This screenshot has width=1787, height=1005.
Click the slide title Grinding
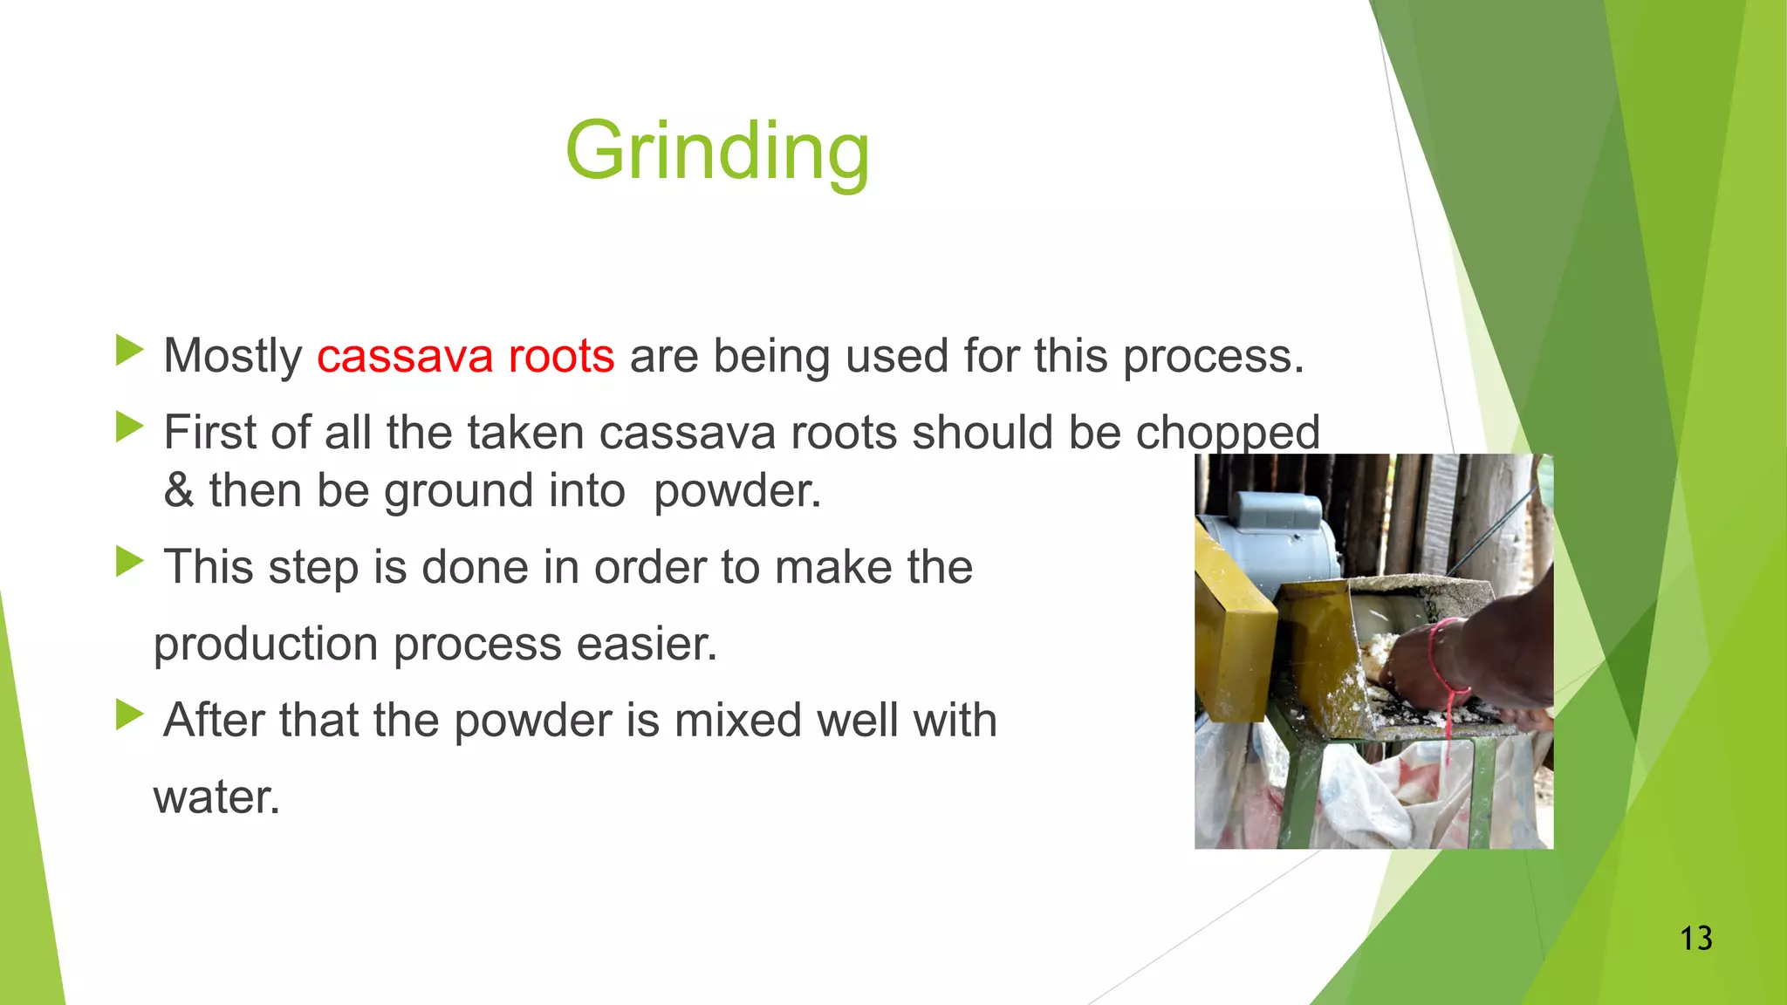(x=717, y=151)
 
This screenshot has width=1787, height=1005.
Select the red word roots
(x=561, y=356)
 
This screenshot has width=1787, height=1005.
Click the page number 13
(x=1695, y=939)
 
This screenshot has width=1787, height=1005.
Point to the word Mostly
(x=232, y=356)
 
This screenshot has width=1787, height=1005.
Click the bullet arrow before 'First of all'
(x=129, y=427)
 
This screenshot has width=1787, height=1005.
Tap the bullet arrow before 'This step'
(x=129, y=562)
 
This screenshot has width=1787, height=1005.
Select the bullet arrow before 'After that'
(x=129, y=715)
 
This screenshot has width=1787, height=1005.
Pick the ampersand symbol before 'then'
(x=178, y=491)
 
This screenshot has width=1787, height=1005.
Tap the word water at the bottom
(x=216, y=797)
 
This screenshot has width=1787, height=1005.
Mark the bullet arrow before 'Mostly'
(x=129, y=351)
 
